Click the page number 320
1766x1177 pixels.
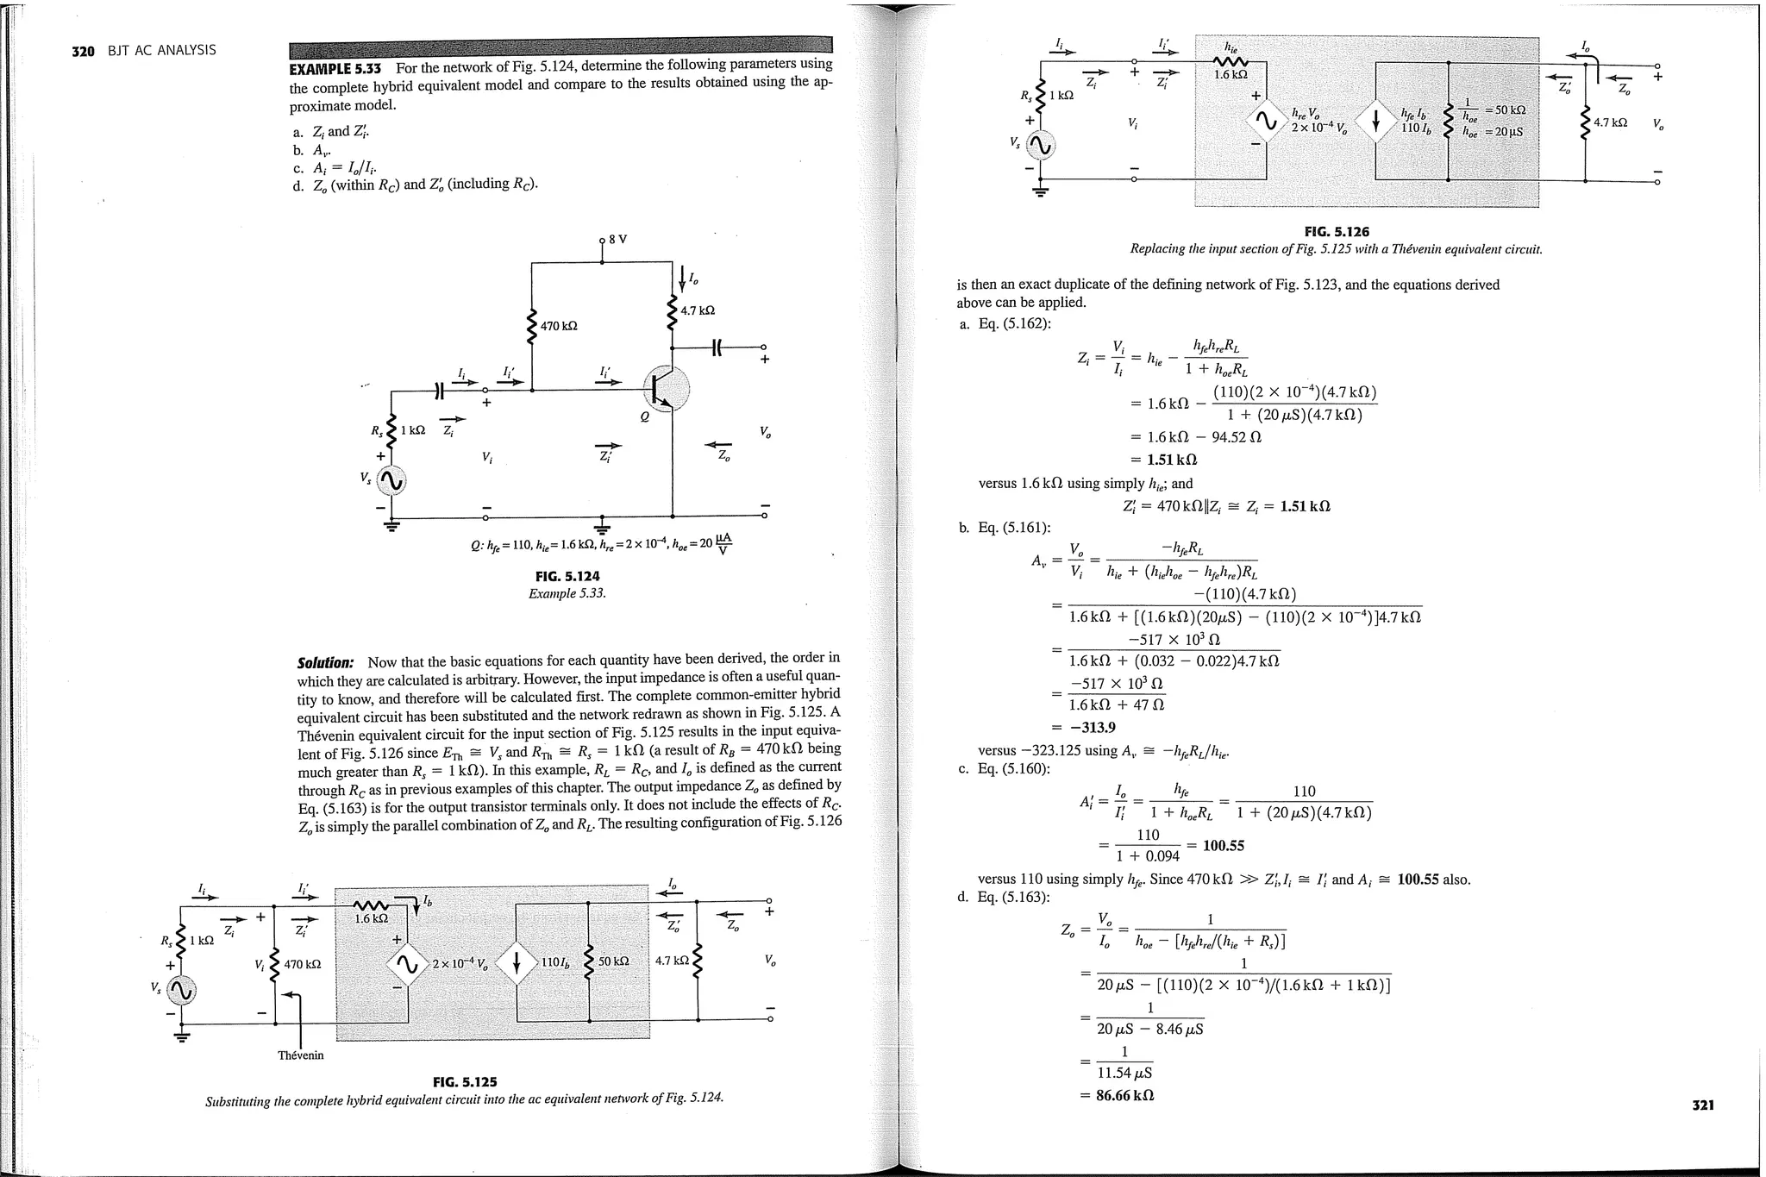pos(83,51)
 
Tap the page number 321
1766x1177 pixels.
pos(1702,1105)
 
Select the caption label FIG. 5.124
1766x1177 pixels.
pos(567,576)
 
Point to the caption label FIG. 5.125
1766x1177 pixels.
pos(465,1082)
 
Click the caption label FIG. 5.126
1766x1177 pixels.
pos(1336,231)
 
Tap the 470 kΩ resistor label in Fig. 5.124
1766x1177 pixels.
pos(559,326)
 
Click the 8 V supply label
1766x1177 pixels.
pos(618,239)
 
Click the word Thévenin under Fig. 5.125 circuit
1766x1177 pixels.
pos(301,1055)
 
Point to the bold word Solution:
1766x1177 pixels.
pos(325,663)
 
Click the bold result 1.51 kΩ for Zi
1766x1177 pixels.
pos(1171,460)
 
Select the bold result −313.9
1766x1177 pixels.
pos(1093,727)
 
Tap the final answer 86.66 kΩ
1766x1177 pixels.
pos(1124,1095)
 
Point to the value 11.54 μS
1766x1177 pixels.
pos(1124,1074)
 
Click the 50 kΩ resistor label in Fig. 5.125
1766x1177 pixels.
pos(613,961)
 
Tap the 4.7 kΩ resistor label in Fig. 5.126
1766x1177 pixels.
pos(1610,122)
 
